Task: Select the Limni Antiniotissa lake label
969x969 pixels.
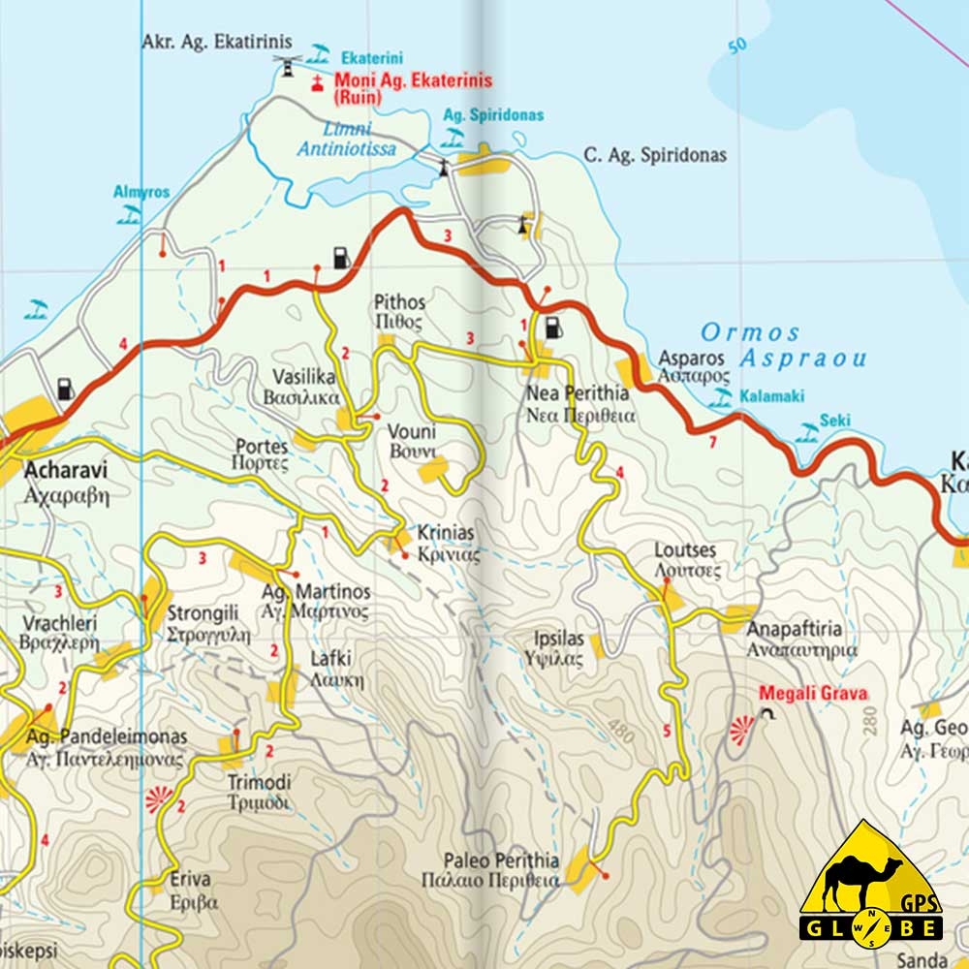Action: coord(346,140)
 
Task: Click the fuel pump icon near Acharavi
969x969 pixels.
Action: coord(65,390)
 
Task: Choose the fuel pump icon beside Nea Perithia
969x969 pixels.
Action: coord(553,328)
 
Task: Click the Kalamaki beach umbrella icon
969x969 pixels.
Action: coord(721,396)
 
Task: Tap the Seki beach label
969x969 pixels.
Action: coord(834,421)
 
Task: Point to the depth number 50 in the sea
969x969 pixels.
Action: coord(738,45)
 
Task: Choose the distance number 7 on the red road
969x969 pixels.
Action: coord(711,444)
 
